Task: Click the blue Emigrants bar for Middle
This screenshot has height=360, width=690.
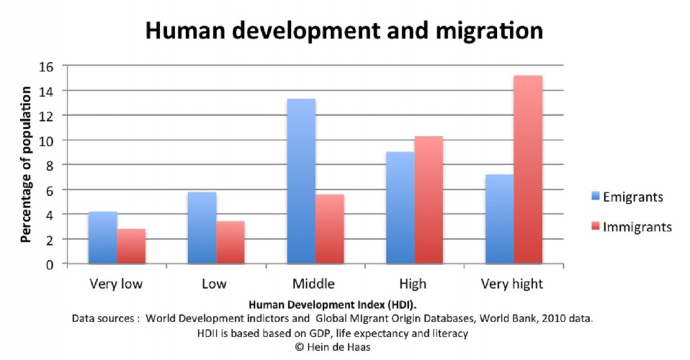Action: pos(301,181)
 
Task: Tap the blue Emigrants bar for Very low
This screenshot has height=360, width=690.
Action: pos(102,237)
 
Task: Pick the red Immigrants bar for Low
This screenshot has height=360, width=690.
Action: pos(230,242)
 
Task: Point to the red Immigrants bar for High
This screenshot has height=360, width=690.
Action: pos(429,200)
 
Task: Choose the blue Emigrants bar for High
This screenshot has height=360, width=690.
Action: pos(401,208)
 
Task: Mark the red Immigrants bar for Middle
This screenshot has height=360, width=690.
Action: pos(329,229)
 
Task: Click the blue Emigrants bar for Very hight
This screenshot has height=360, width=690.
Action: pos(500,219)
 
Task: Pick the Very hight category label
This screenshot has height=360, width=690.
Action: pos(513,283)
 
